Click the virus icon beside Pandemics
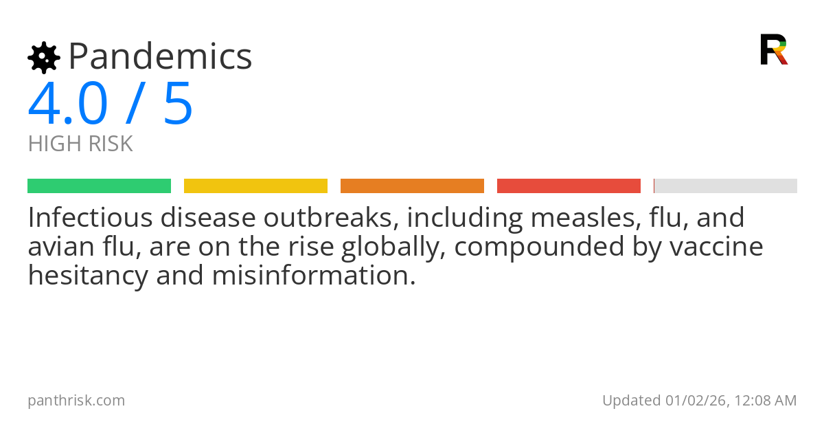44,58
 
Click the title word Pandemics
161,56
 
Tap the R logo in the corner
774,49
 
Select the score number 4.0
68,103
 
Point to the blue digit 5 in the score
178,104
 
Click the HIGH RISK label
80,144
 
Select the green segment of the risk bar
100,186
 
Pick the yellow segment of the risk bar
255,186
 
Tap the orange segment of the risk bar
413,186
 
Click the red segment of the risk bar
569,186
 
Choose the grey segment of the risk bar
725,186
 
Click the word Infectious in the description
91,218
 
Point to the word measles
583,218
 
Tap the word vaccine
716,247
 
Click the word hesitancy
89,276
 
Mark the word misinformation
314,276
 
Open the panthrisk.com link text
76,401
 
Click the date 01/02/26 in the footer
696,401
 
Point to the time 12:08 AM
766,401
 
